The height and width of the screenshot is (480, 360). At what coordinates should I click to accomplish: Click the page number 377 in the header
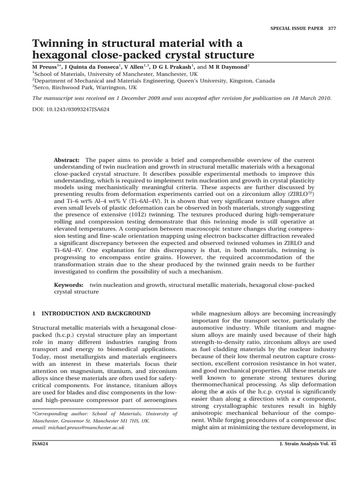(332, 28)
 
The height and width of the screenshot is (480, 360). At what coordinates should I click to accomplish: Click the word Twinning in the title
(58, 44)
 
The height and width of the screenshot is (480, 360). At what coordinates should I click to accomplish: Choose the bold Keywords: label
(69, 285)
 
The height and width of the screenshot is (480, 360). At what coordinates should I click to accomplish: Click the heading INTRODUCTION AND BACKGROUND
(96, 313)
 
